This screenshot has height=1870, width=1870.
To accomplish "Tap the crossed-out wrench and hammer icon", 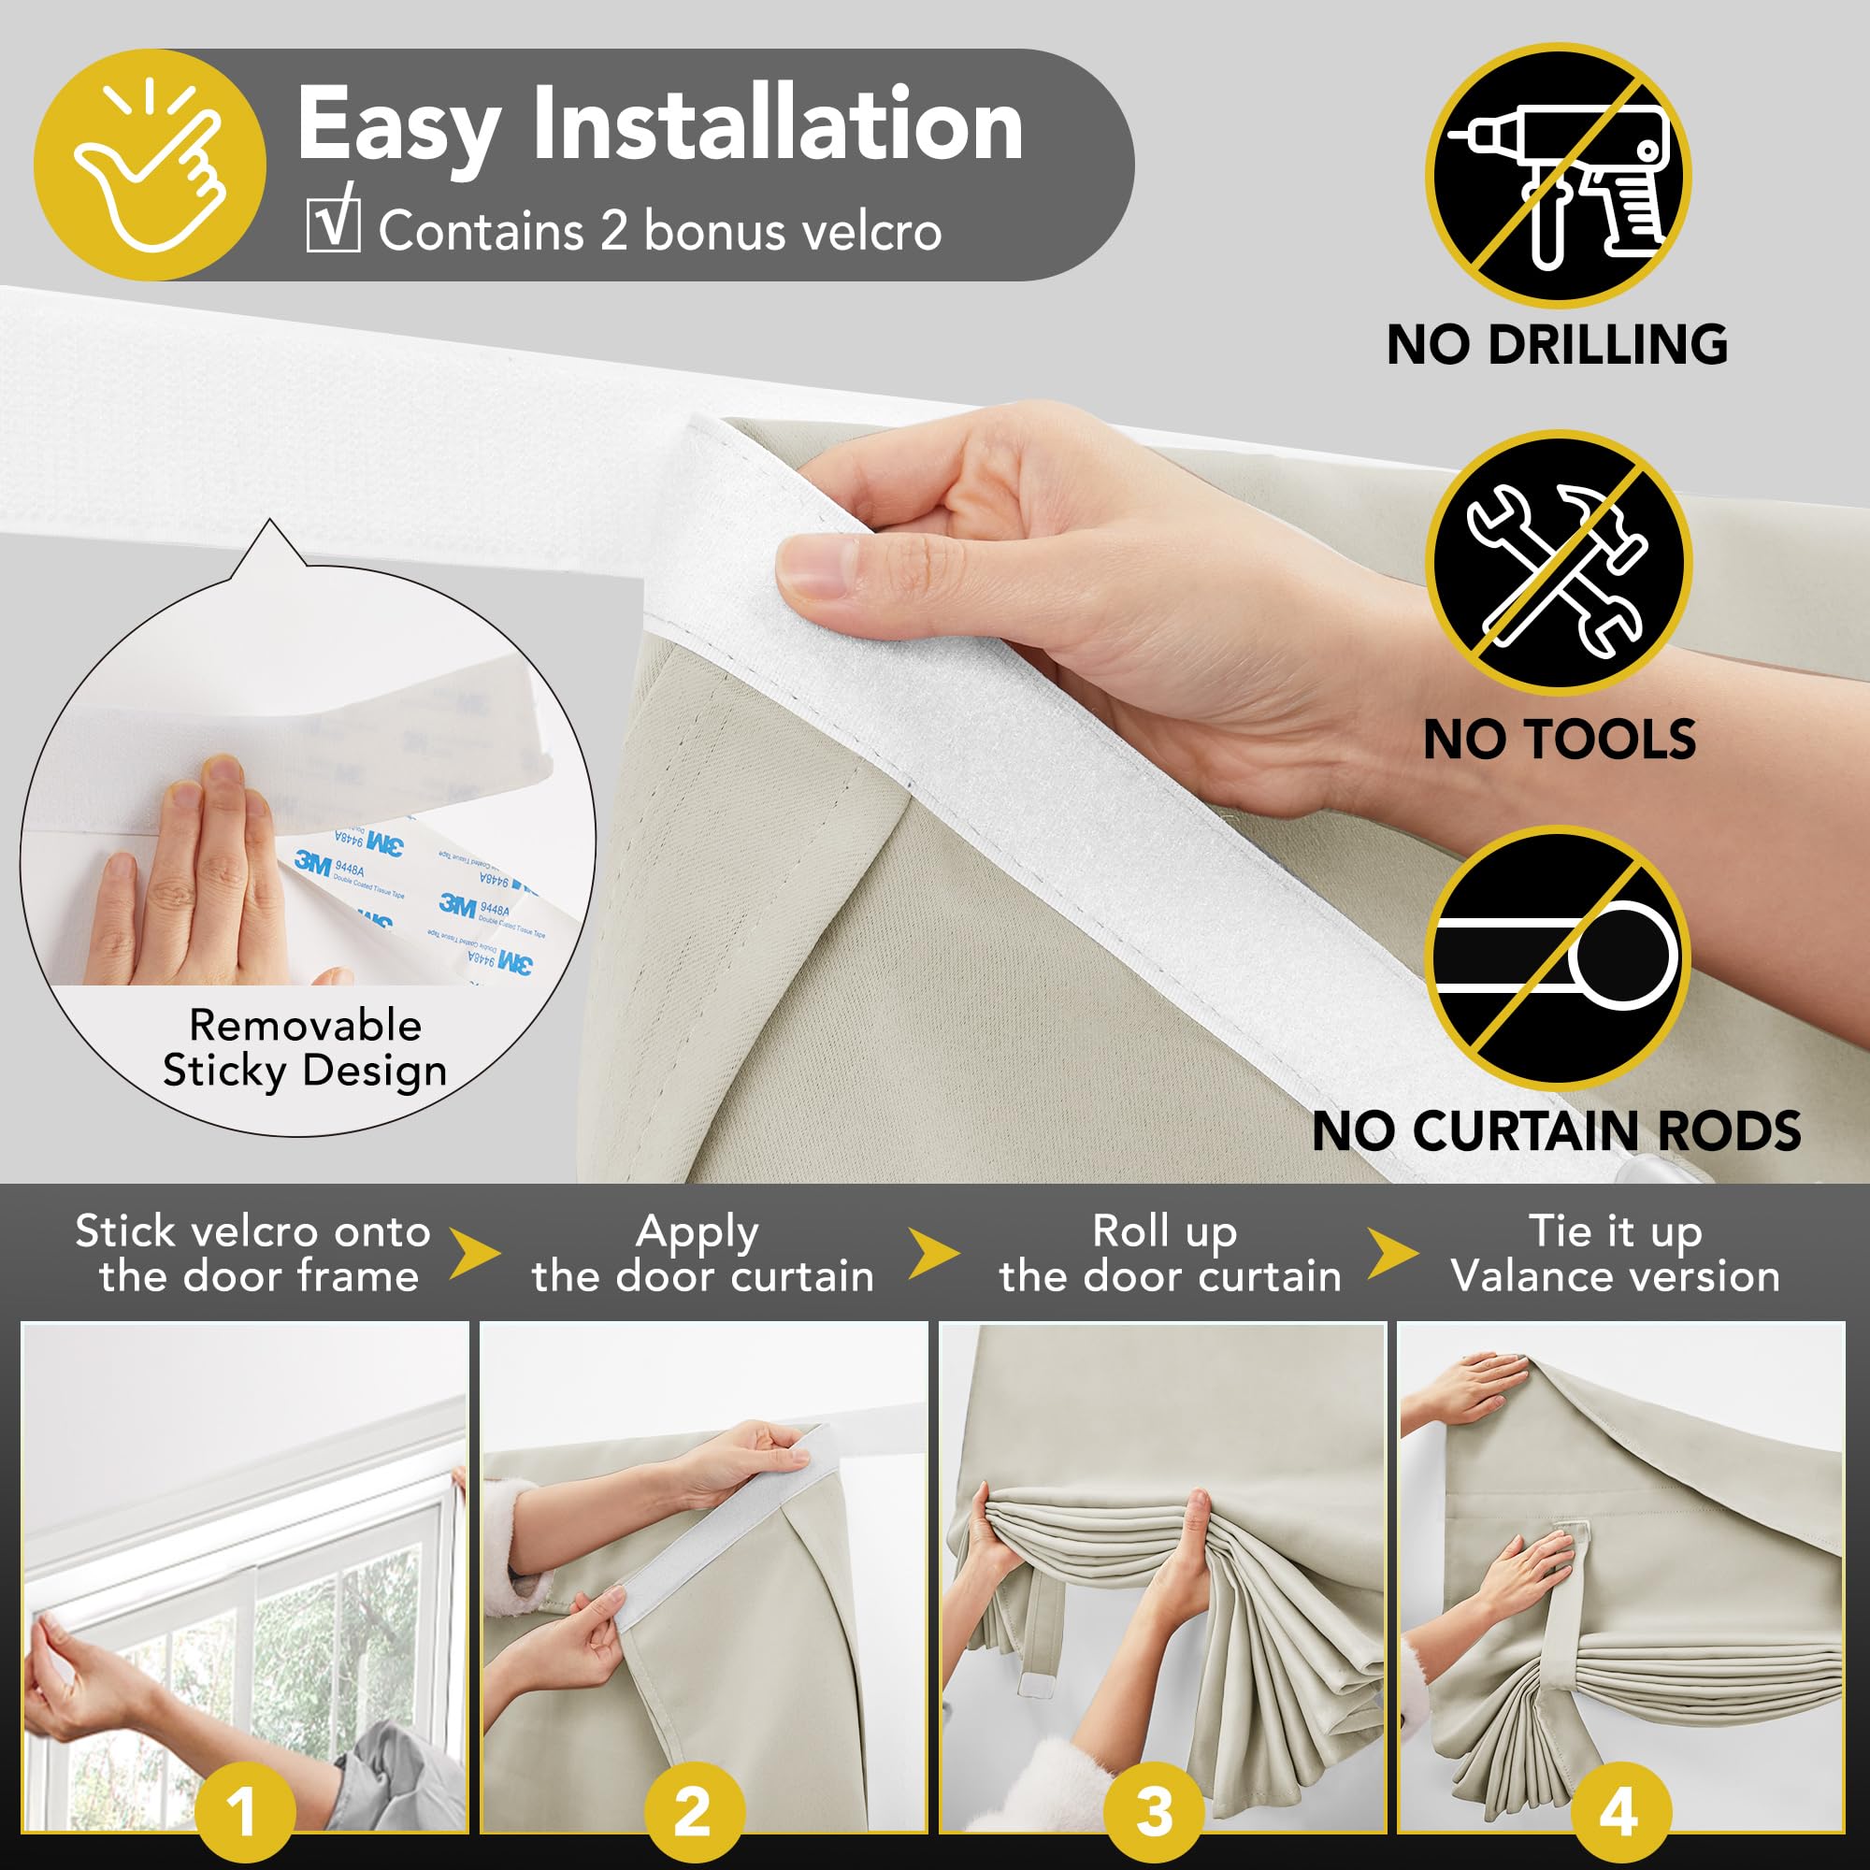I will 1558,563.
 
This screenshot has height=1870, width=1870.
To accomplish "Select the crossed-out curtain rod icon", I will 1558,957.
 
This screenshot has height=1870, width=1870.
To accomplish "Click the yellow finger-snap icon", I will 150,165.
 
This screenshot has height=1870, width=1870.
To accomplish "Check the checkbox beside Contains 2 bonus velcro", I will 333,226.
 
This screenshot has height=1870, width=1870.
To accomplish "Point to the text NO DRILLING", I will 1558,345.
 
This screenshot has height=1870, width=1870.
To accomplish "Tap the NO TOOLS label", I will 1560,740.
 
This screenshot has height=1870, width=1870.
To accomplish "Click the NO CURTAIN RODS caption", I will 1557,1130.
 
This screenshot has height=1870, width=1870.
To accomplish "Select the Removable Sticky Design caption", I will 305,1048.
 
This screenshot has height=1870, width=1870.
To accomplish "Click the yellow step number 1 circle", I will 244,1810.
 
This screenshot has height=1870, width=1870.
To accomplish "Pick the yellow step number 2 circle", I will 693,1810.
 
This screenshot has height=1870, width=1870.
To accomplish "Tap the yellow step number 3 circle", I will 1154,1810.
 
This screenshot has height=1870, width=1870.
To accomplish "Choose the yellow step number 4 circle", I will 1618,1810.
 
